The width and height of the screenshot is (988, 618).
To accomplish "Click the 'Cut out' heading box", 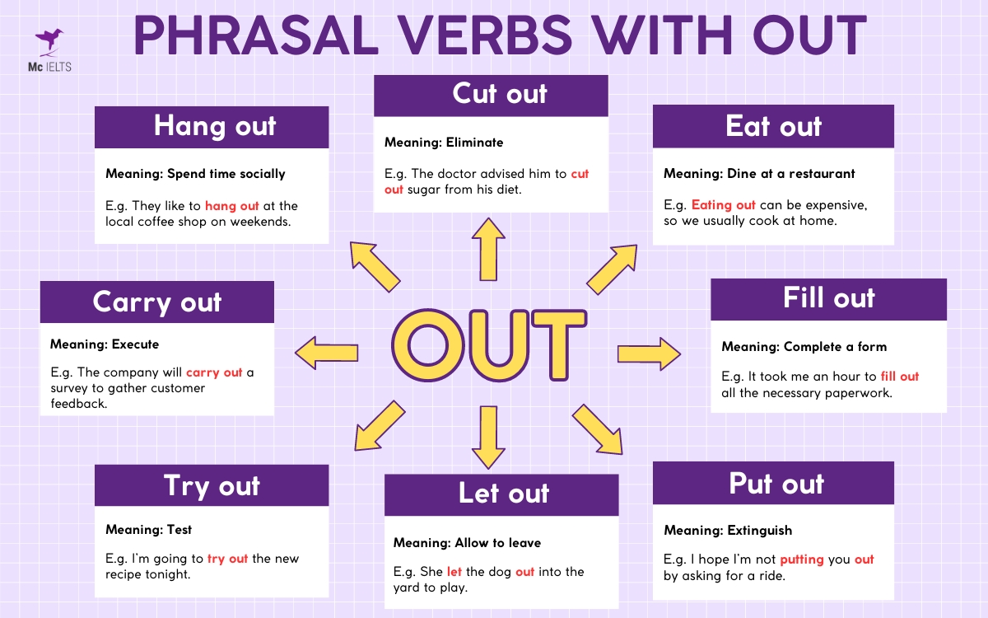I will click(492, 95).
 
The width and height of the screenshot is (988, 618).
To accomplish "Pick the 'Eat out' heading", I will click(773, 126).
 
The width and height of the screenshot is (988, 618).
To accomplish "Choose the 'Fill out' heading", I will click(828, 298).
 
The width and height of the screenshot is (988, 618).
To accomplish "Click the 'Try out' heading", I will click(212, 485).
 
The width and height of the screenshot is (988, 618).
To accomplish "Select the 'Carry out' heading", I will click(157, 302).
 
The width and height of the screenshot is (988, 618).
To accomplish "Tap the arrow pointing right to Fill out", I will click(649, 353).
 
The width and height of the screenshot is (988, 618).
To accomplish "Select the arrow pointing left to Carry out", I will click(326, 353).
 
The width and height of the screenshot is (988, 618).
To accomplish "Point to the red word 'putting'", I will click(801, 559).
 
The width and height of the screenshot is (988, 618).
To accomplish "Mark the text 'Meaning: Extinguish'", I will click(728, 530).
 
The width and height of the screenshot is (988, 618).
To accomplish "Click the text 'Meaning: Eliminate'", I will click(444, 143).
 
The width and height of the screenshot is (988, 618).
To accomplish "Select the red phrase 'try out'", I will click(227, 559).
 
